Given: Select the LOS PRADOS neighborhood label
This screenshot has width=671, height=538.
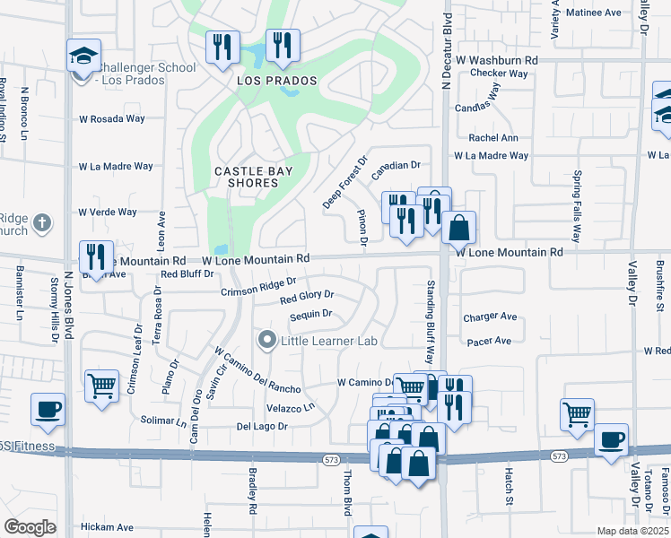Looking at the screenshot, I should click(x=277, y=81).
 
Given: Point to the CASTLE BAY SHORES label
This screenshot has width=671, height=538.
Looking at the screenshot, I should click(x=247, y=177).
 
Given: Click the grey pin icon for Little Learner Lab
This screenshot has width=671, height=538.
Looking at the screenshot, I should click(x=266, y=341).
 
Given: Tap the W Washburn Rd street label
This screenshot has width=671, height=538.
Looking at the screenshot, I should click(x=496, y=59).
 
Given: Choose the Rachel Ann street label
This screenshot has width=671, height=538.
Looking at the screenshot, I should click(x=493, y=138).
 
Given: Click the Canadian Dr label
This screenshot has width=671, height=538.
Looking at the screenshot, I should click(x=396, y=165).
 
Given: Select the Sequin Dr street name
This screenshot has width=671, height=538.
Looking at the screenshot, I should click(x=310, y=315).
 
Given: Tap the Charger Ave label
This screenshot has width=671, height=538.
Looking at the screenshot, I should click(x=490, y=317).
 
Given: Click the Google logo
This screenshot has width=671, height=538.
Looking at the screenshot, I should click(x=30, y=527).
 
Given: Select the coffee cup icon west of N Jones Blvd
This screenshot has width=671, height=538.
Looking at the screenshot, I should click(x=47, y=409).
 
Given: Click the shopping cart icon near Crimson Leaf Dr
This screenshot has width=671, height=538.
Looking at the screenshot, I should click(x=101, y=386).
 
